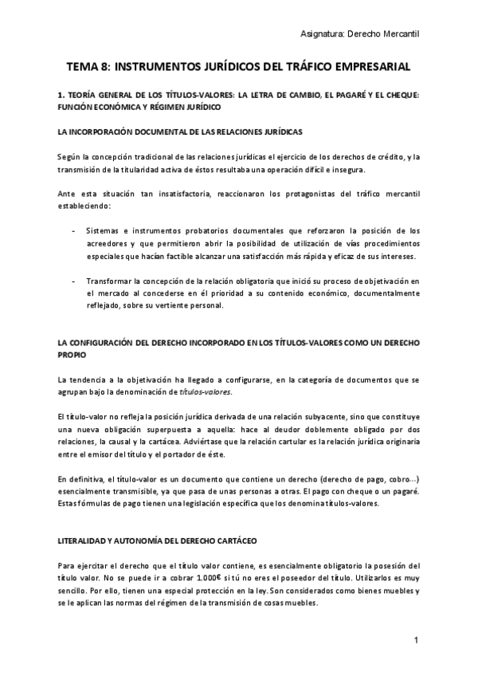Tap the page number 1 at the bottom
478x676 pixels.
(x=416, y=640)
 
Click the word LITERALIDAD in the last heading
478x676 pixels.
(x=84, y=540)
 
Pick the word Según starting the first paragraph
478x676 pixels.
(x=70, y=156)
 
